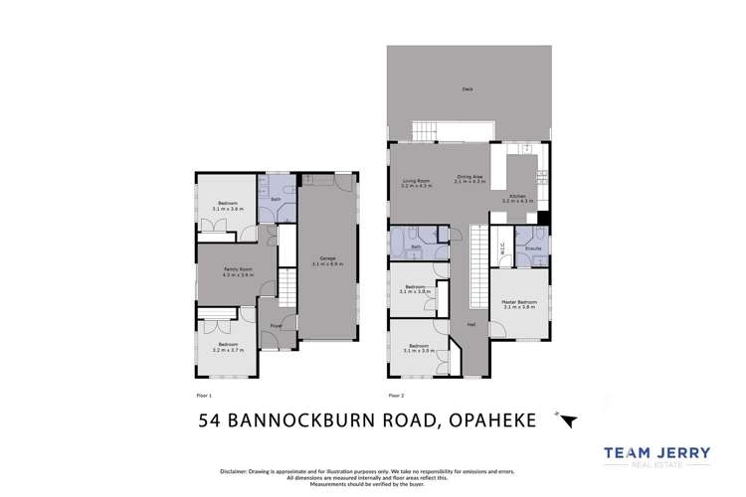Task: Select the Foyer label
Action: point(276,325)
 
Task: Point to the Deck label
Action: point(466,89)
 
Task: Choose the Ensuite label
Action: point(533,248)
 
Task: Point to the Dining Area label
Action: point(468,178)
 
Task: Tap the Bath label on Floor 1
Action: point(276,199)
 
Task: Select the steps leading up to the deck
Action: point(425,130)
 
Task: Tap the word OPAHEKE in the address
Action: point(493,420)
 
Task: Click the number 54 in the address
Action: point(211,420)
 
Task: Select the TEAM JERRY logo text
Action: point(657,454)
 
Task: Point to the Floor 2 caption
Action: point(397,396)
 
